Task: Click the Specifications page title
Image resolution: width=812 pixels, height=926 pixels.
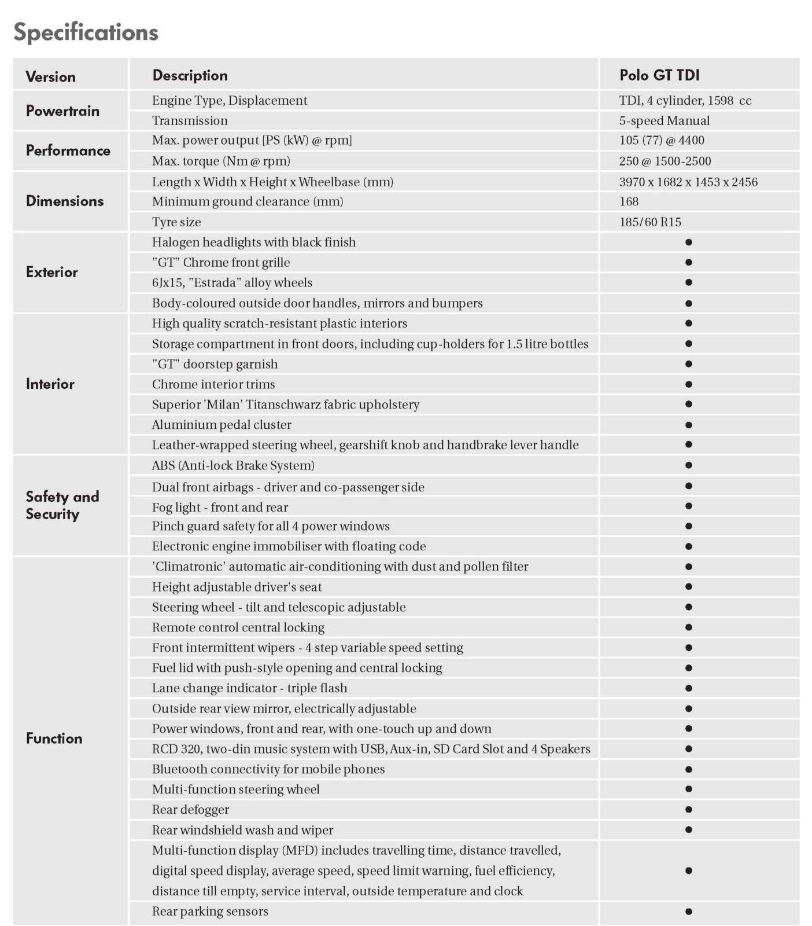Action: (86, 32)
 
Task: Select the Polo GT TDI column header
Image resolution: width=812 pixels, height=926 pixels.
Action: (659, 75)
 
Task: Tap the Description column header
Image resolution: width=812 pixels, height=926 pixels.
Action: (190, 75)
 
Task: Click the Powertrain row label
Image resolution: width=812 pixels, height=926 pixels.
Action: (62, 111)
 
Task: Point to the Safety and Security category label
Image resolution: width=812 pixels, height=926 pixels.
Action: (62, 505)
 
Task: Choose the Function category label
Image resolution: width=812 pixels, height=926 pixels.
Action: (54, 738)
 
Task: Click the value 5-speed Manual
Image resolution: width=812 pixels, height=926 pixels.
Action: (664, 120)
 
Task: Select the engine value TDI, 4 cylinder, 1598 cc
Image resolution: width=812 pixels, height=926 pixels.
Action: (685, 100)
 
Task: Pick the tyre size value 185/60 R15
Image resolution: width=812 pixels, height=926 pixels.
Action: (650, 222)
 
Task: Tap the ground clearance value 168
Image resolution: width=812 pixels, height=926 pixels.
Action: (629, 201)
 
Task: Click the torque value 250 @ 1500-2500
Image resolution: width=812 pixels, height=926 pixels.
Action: (665, 161)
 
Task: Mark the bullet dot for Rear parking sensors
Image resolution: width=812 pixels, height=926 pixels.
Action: (688, 912)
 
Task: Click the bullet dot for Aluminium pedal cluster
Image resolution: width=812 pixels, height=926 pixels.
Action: (688, 425)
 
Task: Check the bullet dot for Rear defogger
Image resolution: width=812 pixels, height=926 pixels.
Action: (688, 810)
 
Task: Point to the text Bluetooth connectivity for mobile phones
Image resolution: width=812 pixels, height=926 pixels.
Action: (268, 769)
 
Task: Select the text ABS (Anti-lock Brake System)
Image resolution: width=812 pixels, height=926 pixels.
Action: (233, 465)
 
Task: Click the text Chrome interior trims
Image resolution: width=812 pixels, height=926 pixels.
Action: (213, 384)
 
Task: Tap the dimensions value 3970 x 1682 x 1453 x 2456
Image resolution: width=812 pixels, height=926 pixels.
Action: (688, 182)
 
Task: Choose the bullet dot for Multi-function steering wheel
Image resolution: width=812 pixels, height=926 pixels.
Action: (688, 789)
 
